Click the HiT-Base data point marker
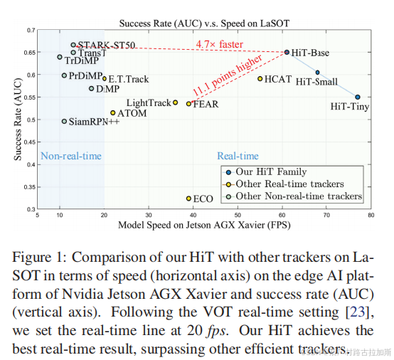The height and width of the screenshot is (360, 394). [x=287, y=52]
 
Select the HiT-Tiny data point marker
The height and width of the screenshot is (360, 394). [x=358, y=97]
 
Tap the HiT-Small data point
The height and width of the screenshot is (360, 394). [x=318, y=73]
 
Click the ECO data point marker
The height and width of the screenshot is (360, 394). [x=188, y=198]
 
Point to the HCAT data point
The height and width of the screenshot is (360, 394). [x=260, y=79]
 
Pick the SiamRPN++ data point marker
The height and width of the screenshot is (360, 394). [x=64, y=121]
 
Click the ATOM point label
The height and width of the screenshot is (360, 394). [x=132, y=112]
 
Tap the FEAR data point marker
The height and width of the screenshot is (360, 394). [x=188, y=104]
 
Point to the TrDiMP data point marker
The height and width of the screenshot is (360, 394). [x=60, y=57]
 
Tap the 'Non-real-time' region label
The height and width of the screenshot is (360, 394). [x=70, y=156]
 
